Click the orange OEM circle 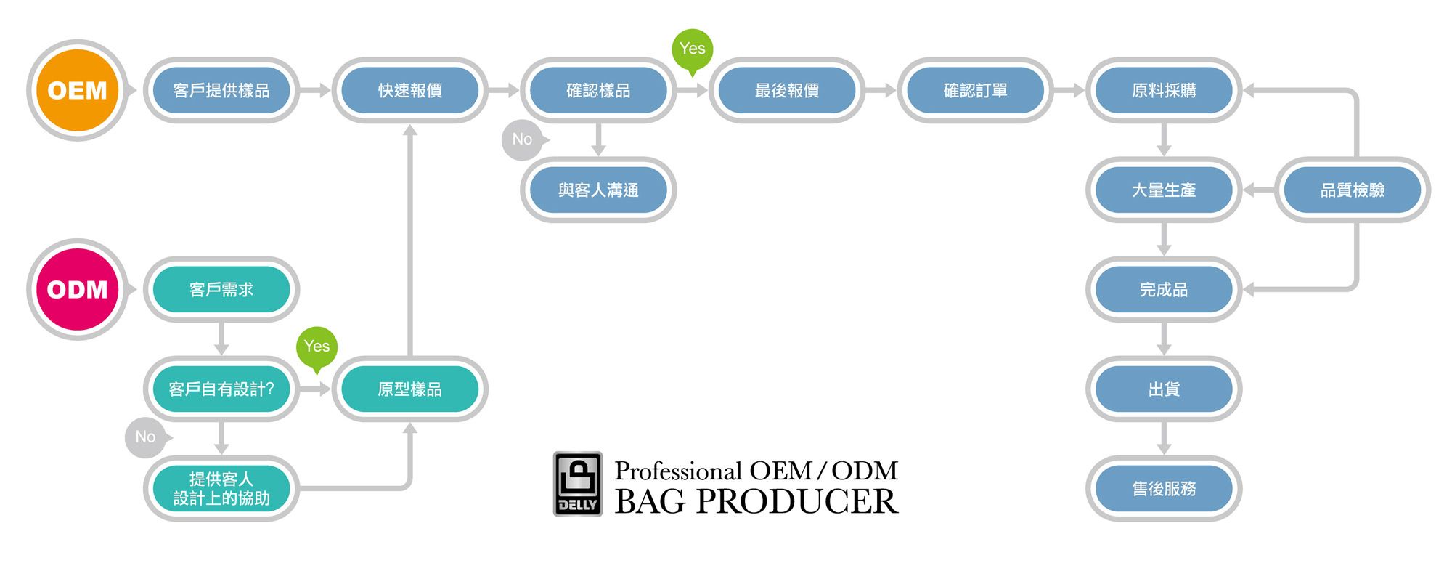77,90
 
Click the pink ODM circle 77,289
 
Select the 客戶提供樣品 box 221,90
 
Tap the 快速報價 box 410,90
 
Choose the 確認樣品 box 598,90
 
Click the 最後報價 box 787,90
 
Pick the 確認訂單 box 975,90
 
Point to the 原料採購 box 1164,90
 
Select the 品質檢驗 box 1353,190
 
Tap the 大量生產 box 1164,190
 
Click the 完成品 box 1164,289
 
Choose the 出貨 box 1164,389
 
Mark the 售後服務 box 1164,488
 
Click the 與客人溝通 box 598,190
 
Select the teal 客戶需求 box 221,289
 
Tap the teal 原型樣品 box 410,389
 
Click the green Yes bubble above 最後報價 693,49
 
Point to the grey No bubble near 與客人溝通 523,139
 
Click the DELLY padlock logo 578,484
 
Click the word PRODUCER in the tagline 796,501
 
